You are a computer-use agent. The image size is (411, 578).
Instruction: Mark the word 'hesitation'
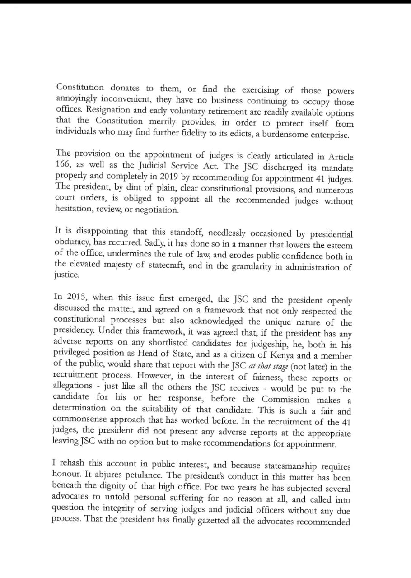point(74,210)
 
